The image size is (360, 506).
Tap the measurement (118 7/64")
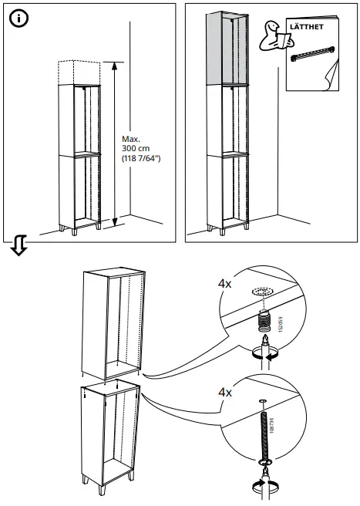point(139,159)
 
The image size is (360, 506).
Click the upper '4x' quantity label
point(224,284)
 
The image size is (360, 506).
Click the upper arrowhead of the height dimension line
point(115,66)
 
